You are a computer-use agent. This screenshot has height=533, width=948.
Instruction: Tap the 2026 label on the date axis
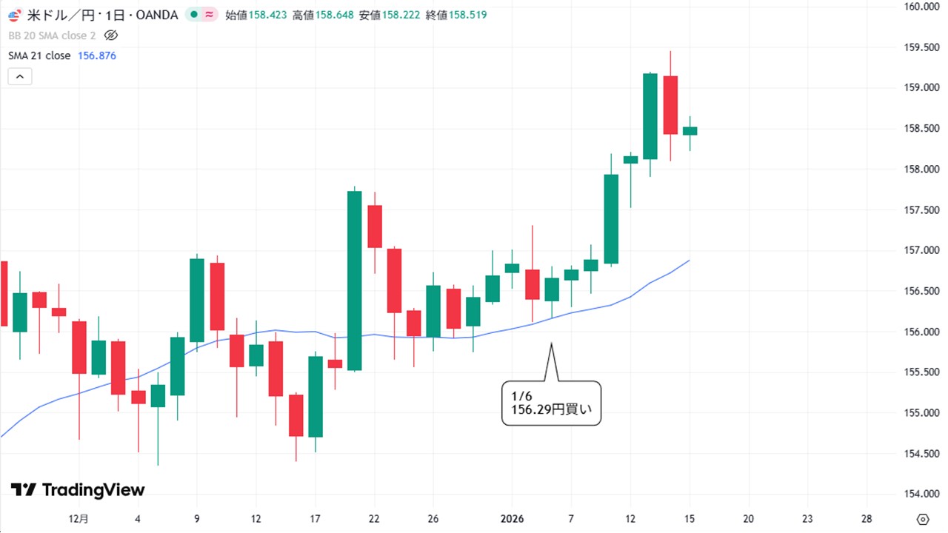pyautogui.click(x=513, y=518)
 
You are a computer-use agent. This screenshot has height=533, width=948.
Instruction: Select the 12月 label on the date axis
pyautogui.click(x=79, y=518)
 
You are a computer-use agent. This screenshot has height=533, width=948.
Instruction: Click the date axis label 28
pyautogui.click(x=867, y=518)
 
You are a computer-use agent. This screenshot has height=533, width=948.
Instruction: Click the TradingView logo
pyautogui.click(x=78, y=490)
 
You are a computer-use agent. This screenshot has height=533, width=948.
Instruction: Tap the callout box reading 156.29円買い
pyautogui.click(x=551, y=403)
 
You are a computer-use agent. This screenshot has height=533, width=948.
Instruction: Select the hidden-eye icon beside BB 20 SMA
pyautogui.click(x=111, y=35)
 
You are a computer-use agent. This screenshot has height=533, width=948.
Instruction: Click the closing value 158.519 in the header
pyautogui.click(x=467, y=15)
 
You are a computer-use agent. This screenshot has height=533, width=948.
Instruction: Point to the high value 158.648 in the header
pyautogui.click(x=334, y=15)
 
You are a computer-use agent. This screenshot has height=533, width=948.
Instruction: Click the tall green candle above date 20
pyautogui.click(x=354, y=280)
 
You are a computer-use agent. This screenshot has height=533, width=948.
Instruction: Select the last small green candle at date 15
pyautogui.click(x=690, y=131)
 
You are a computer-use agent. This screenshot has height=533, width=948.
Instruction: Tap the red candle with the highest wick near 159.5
pyautogui.click(x=670, y=104)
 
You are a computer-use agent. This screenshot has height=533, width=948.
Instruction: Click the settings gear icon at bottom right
pyautogui.click(x=922, y=518)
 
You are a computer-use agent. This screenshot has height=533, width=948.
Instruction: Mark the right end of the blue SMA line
pyautogui.click(x=690, y=260)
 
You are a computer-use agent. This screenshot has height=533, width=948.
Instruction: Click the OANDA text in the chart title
pyautogui.click(x=157, y=15)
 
